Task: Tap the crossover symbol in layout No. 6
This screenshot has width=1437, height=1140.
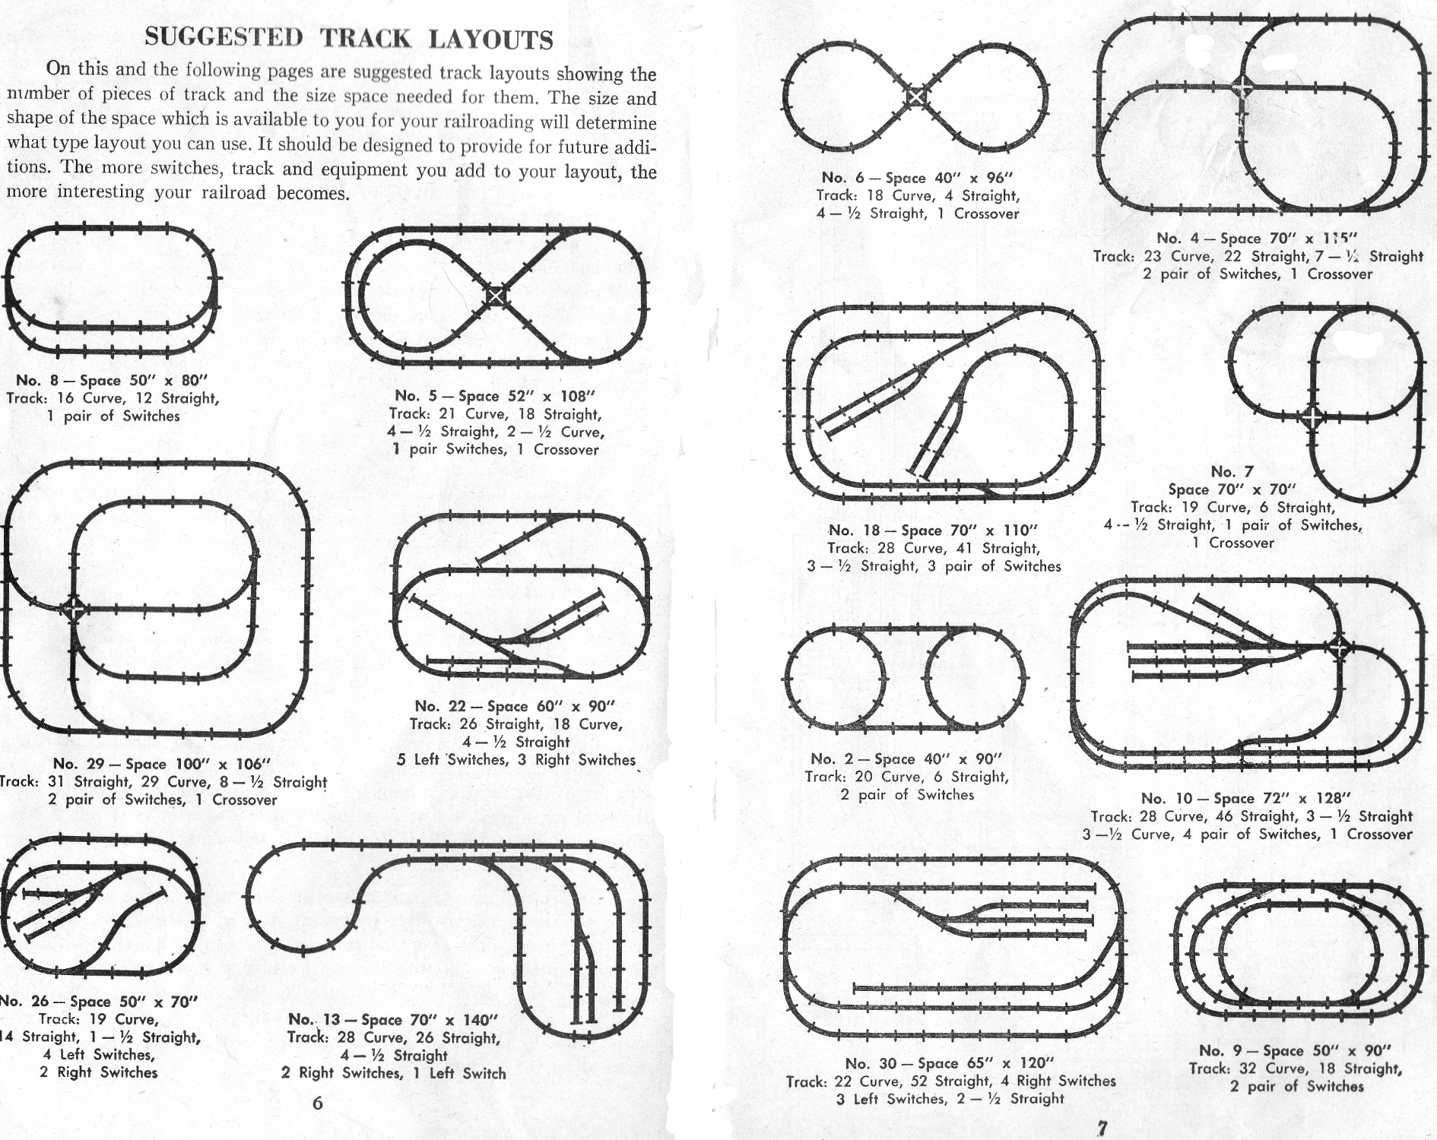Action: pos(917,96)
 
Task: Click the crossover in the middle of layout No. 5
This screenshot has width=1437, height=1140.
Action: pos(495,295)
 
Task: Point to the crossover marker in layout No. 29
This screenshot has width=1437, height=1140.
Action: pos(73,607)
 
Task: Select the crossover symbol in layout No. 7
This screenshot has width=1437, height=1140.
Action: pos(1312,417)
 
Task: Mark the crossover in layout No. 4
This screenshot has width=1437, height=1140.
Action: pos(1242,86)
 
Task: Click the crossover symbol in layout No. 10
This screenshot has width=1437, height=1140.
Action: pos(1340,648)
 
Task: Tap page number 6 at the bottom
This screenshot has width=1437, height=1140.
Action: pos(318,1104)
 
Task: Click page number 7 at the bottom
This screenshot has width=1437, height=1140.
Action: pos(1102,1127)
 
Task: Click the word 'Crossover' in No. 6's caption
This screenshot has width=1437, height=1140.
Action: pos(987,214)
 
